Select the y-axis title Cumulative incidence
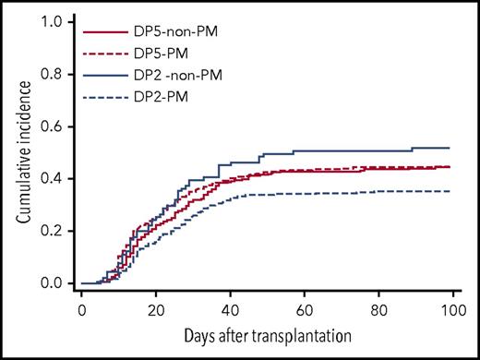tap(20, 152)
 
